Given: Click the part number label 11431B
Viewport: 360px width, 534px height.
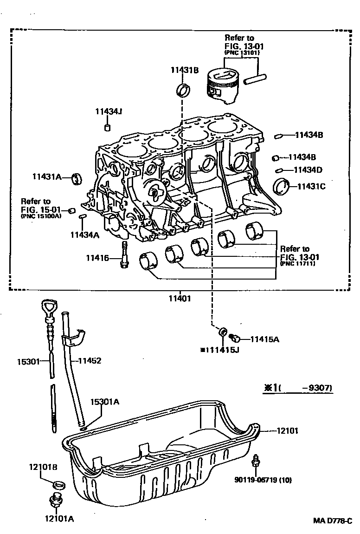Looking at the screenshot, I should [184, 70].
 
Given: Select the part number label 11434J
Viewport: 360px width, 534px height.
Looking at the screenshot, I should [108, 111].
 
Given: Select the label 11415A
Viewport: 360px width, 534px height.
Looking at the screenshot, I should [264, 339].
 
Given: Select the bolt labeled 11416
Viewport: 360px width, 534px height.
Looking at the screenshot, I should [124, 255].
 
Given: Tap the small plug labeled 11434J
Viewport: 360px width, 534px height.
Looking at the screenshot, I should [107, 127].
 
